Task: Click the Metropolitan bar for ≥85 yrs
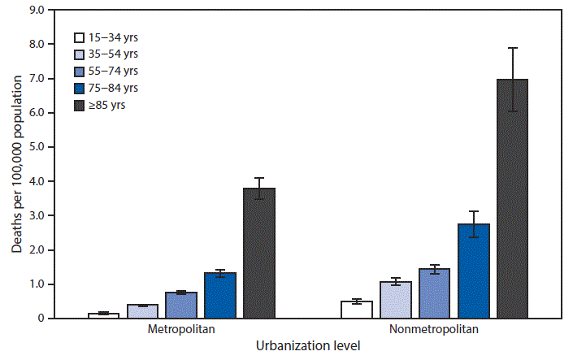[259, 253]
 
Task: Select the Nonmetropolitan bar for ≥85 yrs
[512, 198]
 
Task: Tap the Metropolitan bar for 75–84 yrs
[220, 295]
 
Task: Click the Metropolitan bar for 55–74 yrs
[181, 305]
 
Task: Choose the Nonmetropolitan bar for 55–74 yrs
[434, 293]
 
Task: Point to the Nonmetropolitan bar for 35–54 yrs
[396, 300]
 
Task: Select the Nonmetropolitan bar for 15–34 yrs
[357, 310]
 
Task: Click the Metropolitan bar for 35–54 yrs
[142, 311]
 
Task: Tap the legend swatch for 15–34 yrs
[80, 37]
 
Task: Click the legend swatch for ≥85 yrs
[80, 105]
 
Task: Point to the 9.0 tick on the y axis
[34, 10]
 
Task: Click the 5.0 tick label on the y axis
[34, 147]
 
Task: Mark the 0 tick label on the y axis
[39, 319]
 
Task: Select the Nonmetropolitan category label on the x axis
[434, 330]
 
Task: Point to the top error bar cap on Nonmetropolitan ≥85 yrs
[512, 48]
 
